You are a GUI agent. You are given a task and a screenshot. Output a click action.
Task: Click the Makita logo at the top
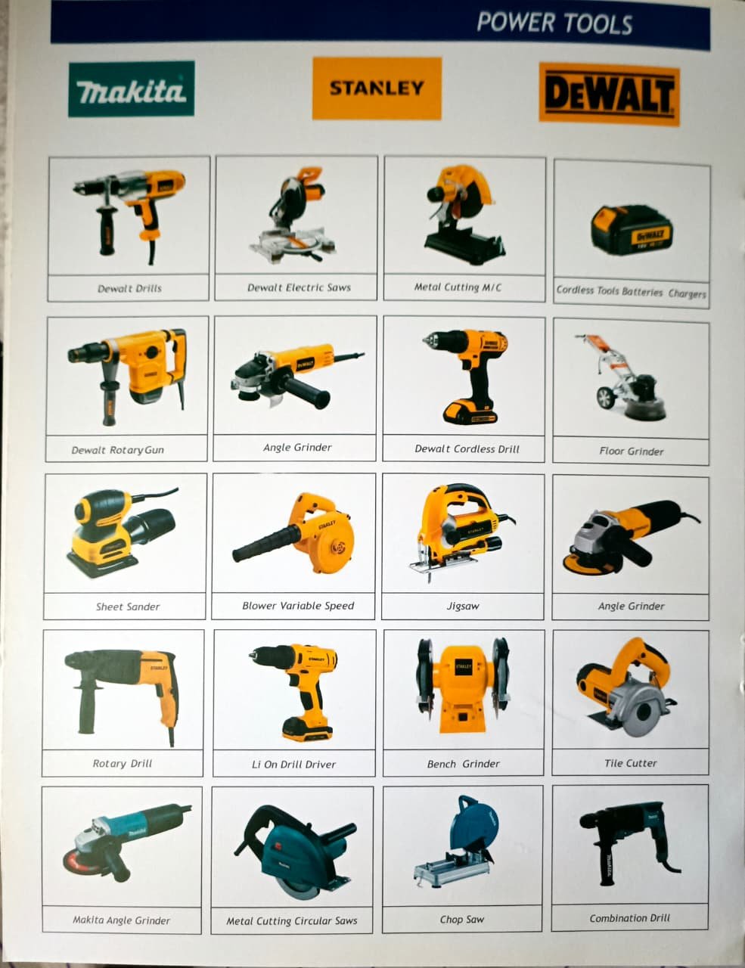click(132, 89)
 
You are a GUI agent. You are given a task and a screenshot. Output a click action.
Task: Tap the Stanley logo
click(377, 88)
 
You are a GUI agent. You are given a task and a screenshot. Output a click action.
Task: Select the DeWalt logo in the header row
click(609, 94)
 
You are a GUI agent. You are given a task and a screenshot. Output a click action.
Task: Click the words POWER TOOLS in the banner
click(554, 23)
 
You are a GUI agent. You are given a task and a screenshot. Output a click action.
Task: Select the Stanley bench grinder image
click(463, 686)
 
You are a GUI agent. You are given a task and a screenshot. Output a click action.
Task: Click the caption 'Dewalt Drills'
click(129, 289)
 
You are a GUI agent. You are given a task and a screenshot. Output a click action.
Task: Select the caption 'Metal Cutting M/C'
click(458, 287)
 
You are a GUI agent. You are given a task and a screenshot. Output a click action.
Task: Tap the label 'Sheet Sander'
click(128, 607)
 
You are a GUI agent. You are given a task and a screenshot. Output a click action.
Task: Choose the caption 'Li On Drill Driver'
click(294, 765)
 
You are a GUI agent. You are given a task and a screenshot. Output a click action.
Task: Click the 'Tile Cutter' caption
click(631, 763)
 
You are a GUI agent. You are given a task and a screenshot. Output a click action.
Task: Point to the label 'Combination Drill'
click(630, 918)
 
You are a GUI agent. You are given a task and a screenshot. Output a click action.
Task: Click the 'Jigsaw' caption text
click(463, 606)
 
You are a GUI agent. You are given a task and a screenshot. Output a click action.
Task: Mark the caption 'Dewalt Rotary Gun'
click(117, 450)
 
